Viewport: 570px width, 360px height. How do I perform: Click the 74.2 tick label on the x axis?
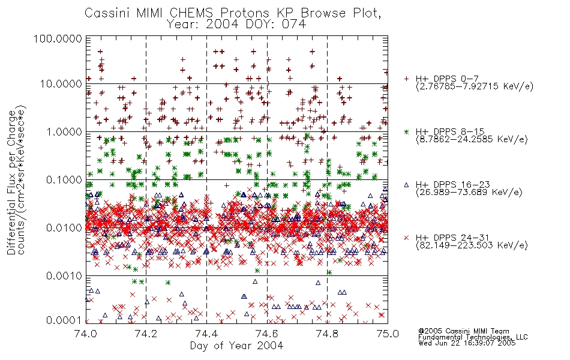coord(146,334)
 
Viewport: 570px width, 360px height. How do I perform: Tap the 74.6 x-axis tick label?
coord(267,334)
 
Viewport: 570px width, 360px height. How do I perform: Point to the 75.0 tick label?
coord(388,334)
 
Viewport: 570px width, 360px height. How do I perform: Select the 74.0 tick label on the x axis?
coord(86,334)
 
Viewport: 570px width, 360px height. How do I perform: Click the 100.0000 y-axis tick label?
coord(58,38)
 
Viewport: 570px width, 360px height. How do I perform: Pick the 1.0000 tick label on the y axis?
coord(64,131)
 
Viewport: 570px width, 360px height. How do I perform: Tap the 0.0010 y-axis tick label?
coord(64,276)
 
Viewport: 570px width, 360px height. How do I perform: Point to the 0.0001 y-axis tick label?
coord(64,320)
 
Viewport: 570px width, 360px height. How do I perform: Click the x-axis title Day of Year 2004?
coord(236,346)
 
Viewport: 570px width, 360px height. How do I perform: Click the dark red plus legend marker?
coord(406,79)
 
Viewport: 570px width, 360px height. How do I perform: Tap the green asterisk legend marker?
coord(406,131)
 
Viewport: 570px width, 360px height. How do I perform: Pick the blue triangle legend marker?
coord(406,185)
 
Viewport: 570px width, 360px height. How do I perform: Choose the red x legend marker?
coord(406,238)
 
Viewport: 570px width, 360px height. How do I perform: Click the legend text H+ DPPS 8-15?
coord(450,131)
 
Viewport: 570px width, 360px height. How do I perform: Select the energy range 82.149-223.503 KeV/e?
coord(472,245)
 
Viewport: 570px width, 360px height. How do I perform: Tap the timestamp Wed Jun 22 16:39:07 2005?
coord(467,343)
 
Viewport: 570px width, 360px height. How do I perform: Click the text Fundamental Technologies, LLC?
coord(473,337)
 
